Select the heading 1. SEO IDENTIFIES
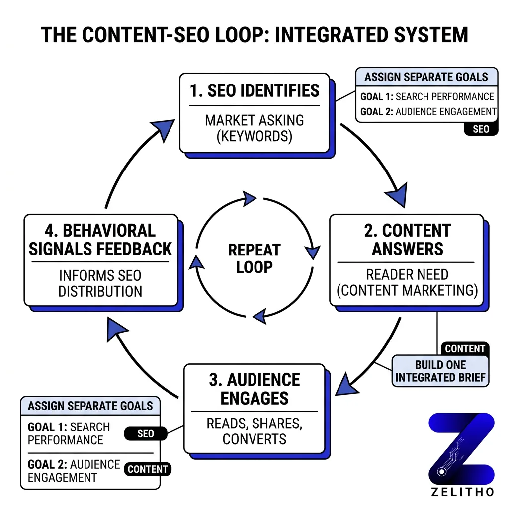coord(254,90)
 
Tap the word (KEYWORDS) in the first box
coord(254,136)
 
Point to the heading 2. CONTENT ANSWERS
coord(407,239)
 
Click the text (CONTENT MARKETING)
coord(407,290)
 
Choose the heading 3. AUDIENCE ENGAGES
coord(254,389)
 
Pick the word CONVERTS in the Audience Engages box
coord(254,439)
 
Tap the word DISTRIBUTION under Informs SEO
coord(100,291)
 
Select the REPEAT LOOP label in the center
coord(254,258)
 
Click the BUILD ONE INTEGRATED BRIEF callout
coord(440,371)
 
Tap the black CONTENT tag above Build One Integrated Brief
coord(465,349)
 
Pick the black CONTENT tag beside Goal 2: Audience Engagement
coord(148,469)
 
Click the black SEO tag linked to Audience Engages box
coord(146,433)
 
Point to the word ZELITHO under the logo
coord(462,492)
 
